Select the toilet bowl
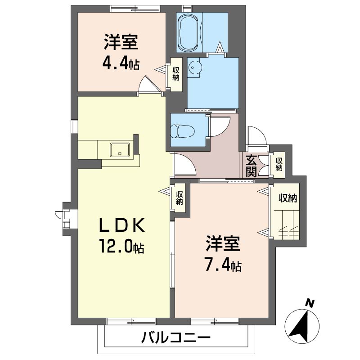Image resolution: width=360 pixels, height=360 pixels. point(184,131)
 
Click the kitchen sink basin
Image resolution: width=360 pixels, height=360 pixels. point(120,149)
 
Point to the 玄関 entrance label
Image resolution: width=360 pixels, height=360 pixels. point(252,165)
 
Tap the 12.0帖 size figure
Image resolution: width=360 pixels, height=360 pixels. point(121,246)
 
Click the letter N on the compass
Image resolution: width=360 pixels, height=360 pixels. point(309,303)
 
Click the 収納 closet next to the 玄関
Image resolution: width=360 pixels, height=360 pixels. point(279,164)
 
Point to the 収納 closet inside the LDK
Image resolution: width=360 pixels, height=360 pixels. point(180,198)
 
